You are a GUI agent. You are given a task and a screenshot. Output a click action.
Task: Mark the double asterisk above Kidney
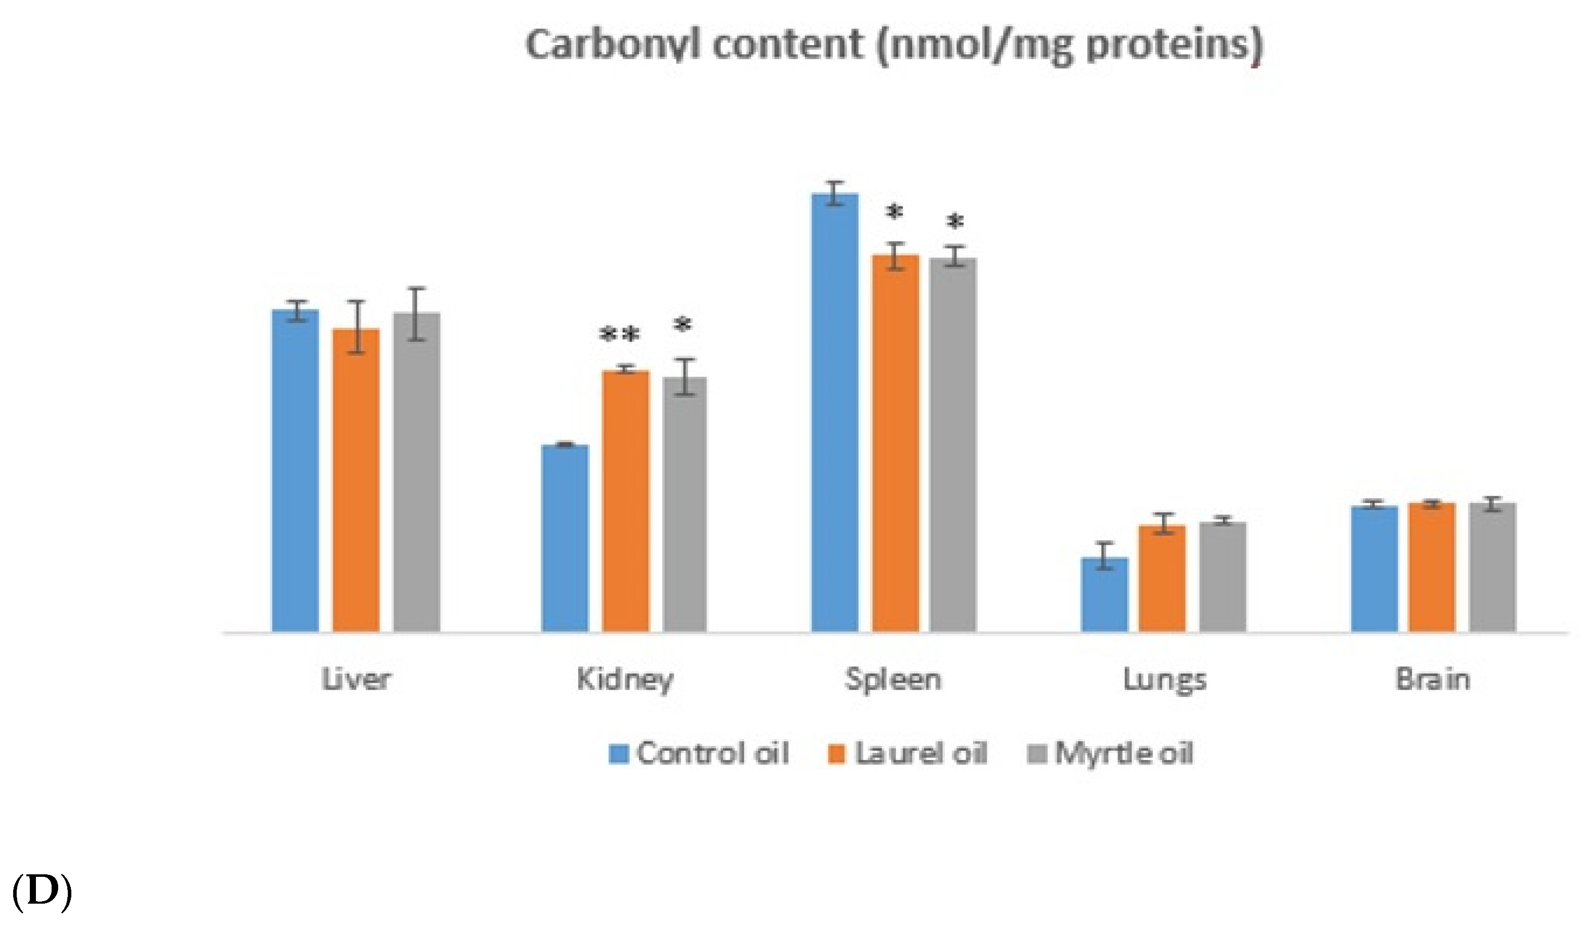click(620, 335)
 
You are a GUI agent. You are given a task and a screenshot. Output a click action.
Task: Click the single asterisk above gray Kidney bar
click(683, 325)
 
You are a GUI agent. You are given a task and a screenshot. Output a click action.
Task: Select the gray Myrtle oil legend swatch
click(1037, 753)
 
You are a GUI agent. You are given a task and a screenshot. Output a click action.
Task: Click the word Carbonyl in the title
click(613, 46)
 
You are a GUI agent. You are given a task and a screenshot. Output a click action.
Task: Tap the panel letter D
click(41, 892)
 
